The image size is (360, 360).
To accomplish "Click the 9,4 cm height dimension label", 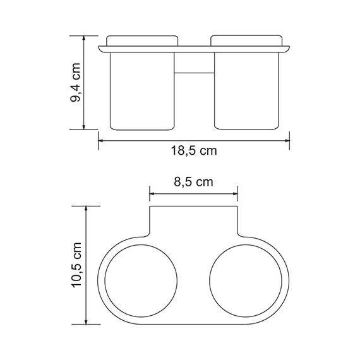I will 76,83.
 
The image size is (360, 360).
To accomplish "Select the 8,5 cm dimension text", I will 193,182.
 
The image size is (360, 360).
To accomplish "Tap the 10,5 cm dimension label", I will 76,264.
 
